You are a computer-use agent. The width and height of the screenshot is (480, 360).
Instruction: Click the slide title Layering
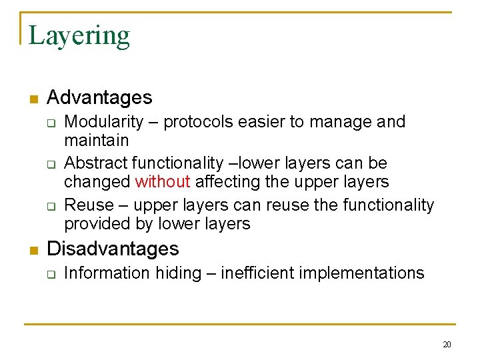pos(79,35)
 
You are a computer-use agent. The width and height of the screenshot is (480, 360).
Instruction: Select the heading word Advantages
pos(100,98)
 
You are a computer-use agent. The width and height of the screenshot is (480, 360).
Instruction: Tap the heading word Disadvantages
pos(113,249)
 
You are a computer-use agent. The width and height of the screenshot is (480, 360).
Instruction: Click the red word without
pos(163,182)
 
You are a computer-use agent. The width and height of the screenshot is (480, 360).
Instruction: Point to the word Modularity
pos(103,122)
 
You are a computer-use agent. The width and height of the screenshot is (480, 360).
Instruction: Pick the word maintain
pos(96,141)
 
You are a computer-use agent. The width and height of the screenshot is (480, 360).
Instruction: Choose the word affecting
pos(223,182)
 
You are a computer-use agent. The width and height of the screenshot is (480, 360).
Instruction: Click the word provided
pos(93,224)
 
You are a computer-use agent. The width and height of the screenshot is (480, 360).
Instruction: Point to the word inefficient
pos(259,273)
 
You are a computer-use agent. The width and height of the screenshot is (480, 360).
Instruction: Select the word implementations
pos(362,273)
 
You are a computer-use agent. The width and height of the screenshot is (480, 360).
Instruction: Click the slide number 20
pos(447,345)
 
